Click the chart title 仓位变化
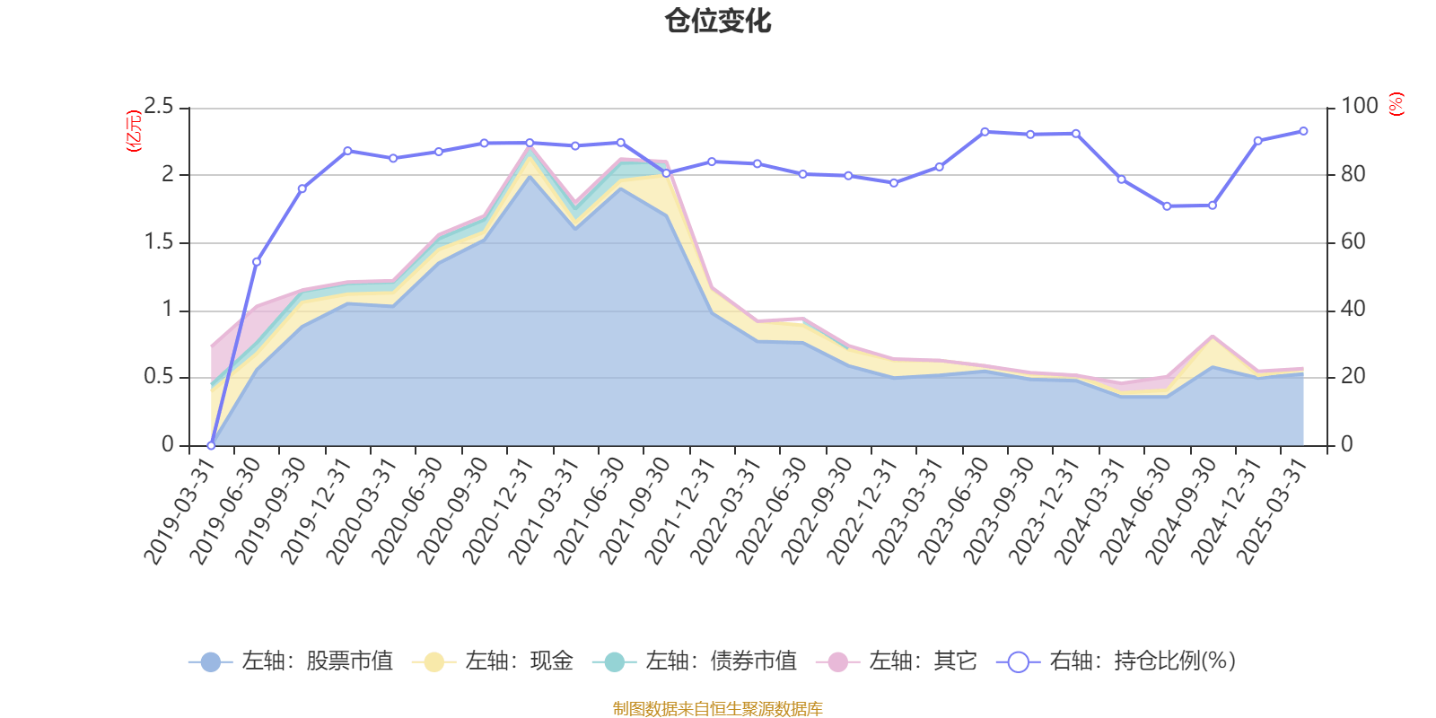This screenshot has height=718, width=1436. pyautogui.click(x=718, y=21)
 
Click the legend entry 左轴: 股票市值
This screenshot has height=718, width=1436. pyautogui.click(x=291, y=661)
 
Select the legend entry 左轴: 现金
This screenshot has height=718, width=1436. pyautogui.click(x=493, y=661)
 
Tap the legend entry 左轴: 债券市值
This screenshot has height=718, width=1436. pyautogui.click(x=695, y=661)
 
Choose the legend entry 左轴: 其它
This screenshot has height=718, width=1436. pyautogui.click(x=897, y=661)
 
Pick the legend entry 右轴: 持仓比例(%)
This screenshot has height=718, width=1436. pyautogui.click(x=1116, y=661)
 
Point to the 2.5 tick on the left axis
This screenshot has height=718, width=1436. pyautogui.click(x=159, y=107)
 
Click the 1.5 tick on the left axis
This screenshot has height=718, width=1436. pyautogui.click(x=159, y=242)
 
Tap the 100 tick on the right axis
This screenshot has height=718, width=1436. pyautogui.click(x=1359, y=107)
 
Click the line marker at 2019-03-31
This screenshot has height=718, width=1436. pyautogui.click(x=211, y=445)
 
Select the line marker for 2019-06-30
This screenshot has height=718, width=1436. pyautogui.click(x=257, y=262)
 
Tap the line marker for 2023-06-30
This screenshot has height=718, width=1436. pyautogui.click(x=985, y=132)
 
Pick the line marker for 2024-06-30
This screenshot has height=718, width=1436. pyautogui.click(x=1167, y=206)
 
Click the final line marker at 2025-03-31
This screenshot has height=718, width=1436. pyautogui.click(x=1303, y=131)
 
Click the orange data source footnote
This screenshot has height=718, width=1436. pyautogui.click(x=718, y=709)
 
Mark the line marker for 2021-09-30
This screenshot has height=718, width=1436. pyautogui.click(x=666, y=173)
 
